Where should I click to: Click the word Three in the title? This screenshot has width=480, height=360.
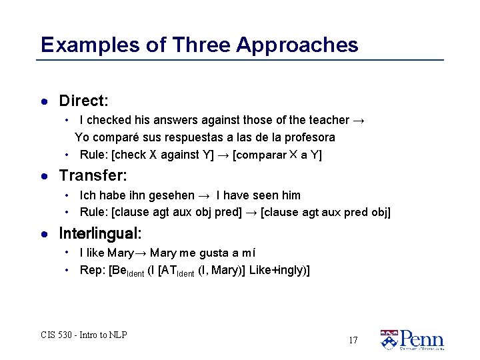coord(200,45)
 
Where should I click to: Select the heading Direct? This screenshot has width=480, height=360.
coord(83,101)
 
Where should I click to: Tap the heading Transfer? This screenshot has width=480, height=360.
coord(93,176)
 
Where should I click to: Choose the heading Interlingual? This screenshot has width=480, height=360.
coord(100,234)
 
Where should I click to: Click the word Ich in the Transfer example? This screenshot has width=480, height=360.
coord(87,195)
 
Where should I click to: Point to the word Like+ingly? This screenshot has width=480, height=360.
coord(277,271)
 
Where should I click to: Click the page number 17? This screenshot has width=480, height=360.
coord(353,341)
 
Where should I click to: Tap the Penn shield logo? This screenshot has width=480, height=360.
coord(389,339)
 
